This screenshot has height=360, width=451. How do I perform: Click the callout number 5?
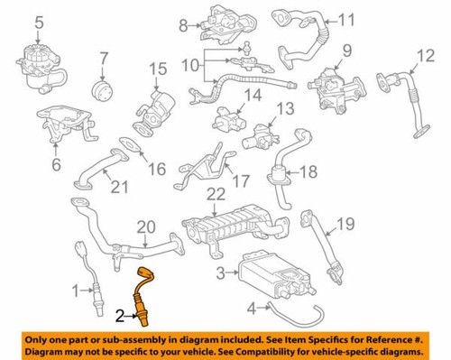39,21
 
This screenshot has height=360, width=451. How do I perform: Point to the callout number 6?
56,164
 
